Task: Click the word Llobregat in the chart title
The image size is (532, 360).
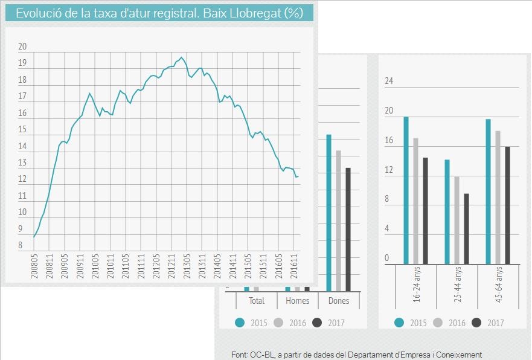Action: (255, 13)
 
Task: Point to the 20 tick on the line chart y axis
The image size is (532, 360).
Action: (22, 47)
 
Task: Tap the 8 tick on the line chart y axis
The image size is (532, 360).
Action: (20, 245)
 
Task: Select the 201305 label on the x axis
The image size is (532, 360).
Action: (187, 267)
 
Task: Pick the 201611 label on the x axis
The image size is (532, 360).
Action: (294, 267)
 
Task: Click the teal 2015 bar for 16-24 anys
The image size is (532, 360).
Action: (406, 190)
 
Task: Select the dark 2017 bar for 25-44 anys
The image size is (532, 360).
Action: (466, 228)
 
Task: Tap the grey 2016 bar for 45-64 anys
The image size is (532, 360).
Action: (498, 198)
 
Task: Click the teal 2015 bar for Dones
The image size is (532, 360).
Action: (329, 213)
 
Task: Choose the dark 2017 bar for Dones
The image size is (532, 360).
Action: (348, 230)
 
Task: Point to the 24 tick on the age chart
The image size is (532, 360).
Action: (389, 82)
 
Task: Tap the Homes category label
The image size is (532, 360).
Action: (297, 301)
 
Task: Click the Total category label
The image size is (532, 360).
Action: (257, 301)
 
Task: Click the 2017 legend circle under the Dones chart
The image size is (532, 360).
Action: (318, 323)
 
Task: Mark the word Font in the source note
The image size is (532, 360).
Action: (239, 355)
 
